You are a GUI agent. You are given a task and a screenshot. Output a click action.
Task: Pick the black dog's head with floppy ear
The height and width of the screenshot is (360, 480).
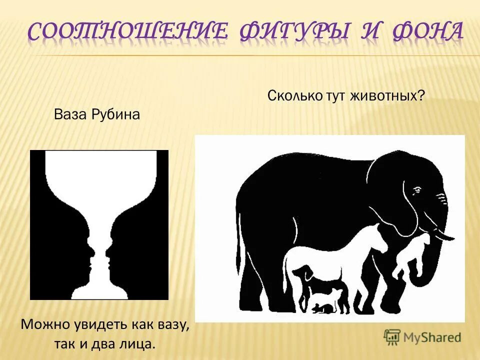[x=299, y=272]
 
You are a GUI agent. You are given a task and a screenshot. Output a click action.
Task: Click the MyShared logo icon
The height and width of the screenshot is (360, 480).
[x=392, y=336]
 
